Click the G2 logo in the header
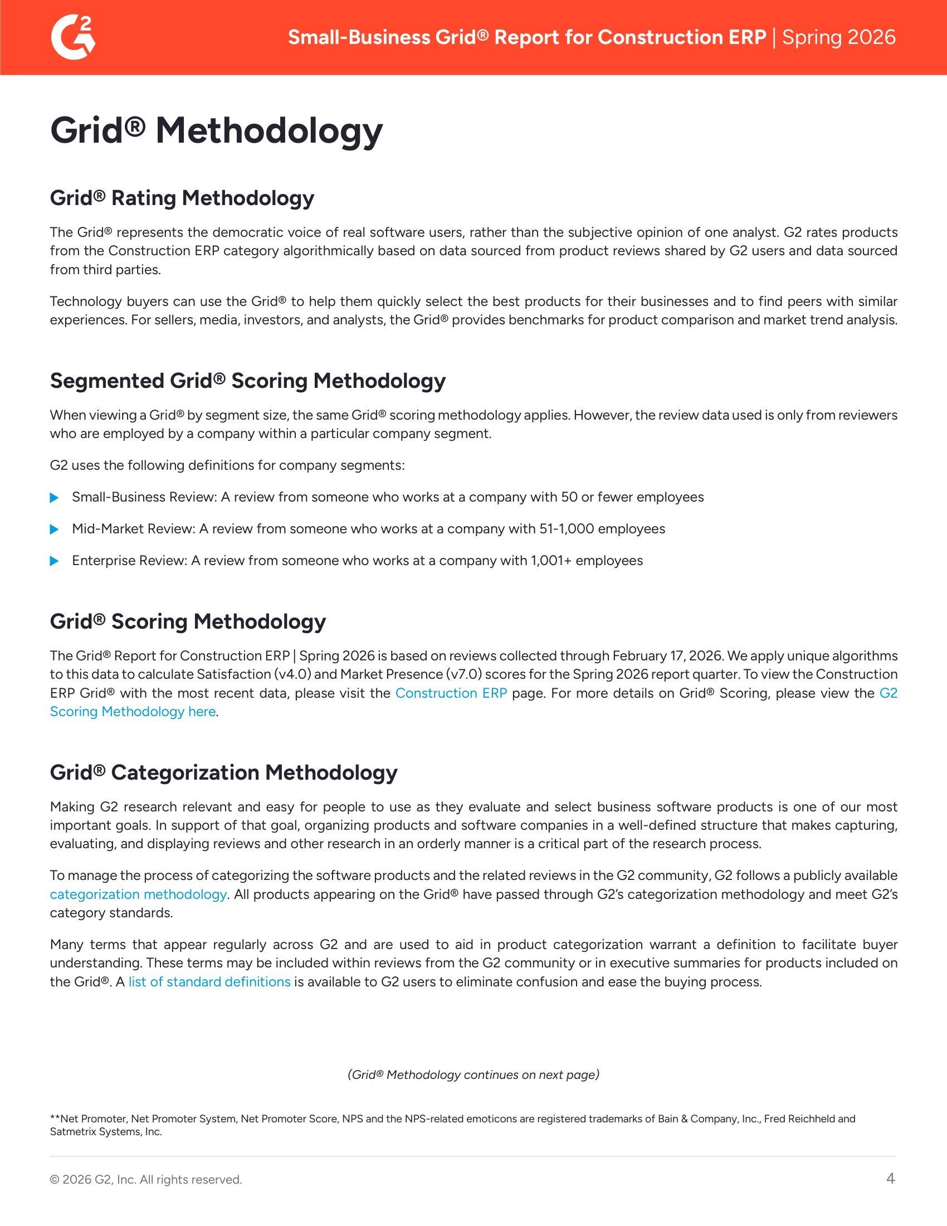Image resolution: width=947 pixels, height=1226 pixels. click(73, 37)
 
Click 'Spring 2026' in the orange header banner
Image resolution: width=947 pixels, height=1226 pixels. click(839, 37)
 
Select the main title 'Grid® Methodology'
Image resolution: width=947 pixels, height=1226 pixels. click(216, 130)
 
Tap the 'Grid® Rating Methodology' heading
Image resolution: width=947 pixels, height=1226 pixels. click(182, 198)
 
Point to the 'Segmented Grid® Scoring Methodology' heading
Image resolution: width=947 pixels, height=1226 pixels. click(247, 381)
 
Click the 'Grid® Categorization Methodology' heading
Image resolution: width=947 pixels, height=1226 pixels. click(223, 772)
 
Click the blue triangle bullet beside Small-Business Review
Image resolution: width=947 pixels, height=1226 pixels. click(55, 497)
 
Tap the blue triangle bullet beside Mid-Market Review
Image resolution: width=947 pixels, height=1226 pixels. click(55, 529)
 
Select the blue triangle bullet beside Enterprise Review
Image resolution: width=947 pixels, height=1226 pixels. click(55, 561)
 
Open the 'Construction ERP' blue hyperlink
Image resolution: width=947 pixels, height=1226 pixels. click(451, 693)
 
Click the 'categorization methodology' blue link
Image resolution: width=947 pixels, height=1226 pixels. click(138, 894)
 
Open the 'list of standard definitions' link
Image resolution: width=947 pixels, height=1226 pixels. click(209, 982)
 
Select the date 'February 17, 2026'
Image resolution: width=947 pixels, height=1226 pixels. click(666, 656)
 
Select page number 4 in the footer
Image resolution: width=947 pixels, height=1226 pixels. click(890, 1178)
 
